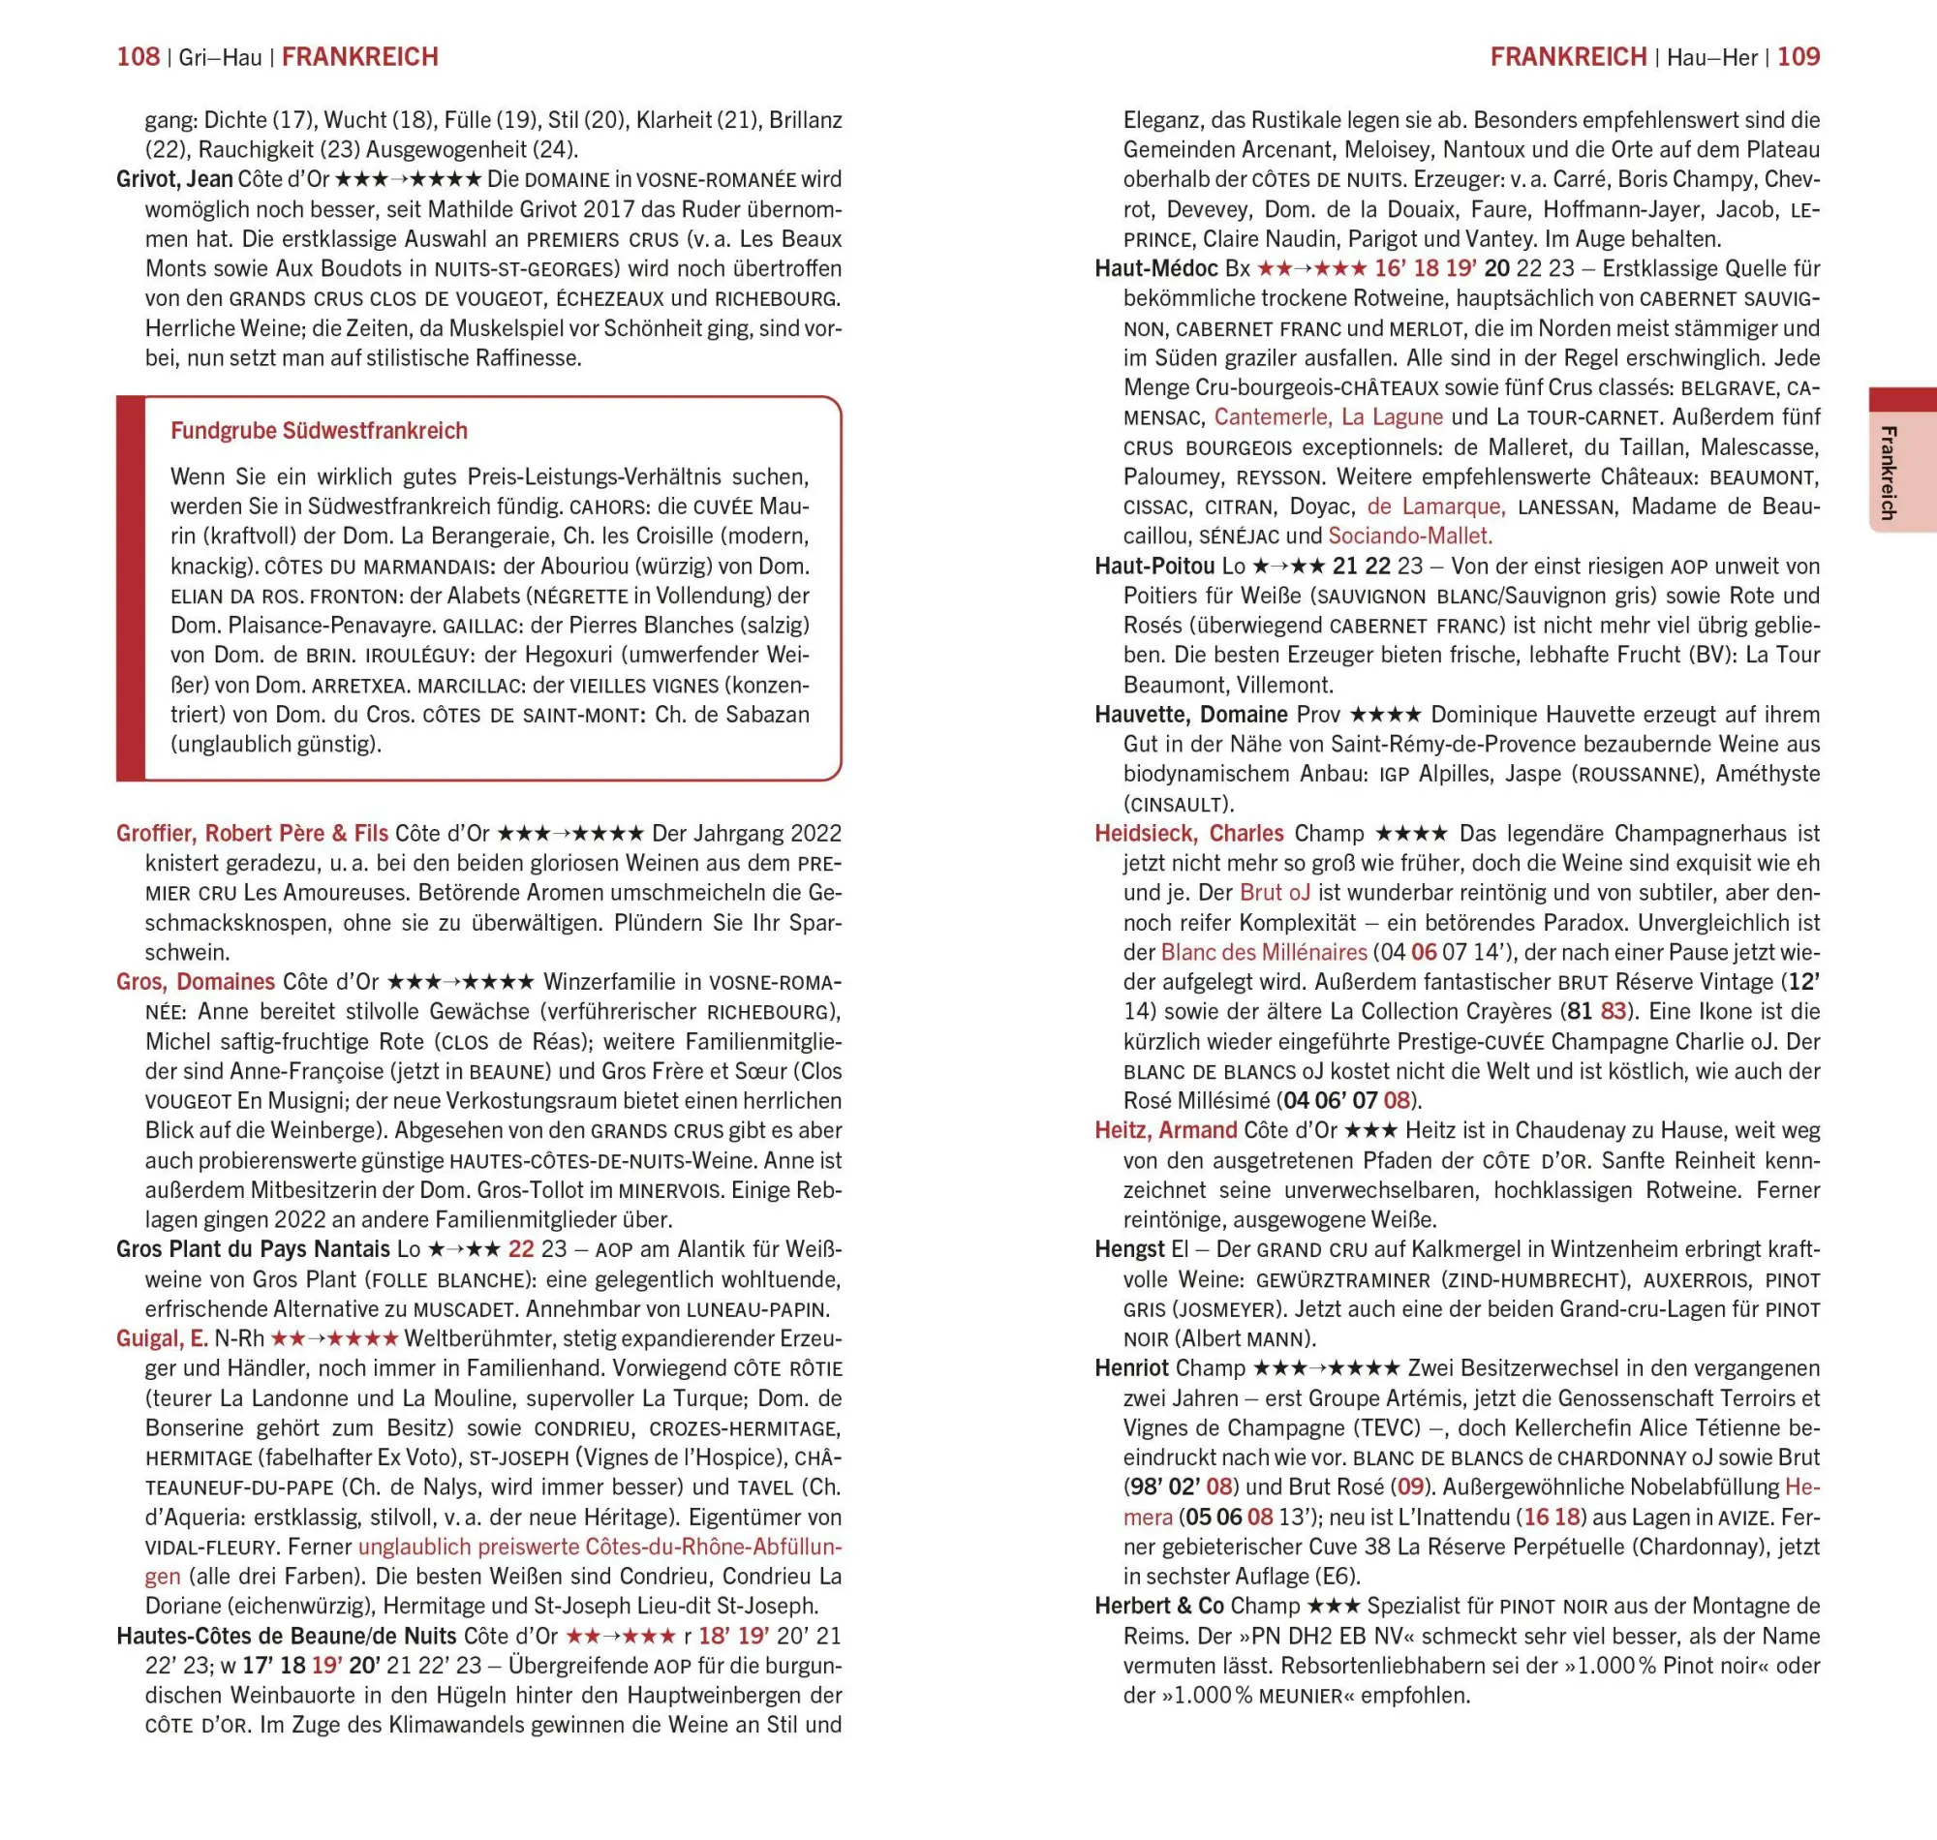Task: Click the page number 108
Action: point(138,57)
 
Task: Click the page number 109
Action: point(1799,57)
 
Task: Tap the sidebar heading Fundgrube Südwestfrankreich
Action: point(319,431)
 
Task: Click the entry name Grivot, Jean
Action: point(174,179)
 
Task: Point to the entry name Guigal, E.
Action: point(162,1338)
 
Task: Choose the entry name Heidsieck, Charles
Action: point(1188,834)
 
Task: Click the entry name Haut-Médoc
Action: point(1156,269)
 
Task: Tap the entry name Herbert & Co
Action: point(1159,1607)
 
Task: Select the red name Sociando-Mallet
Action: point(1409,537)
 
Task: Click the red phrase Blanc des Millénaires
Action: point(1263,952)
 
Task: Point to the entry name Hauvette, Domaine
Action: point(1190,715)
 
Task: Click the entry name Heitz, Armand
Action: point(1165,1131)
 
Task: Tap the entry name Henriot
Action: point(1132,1368)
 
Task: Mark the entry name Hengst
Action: point(1130,1249)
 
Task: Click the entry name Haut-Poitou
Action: point(1154,566)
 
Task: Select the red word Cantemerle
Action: point(1272,416)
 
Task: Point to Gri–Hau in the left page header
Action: point(221,58)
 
